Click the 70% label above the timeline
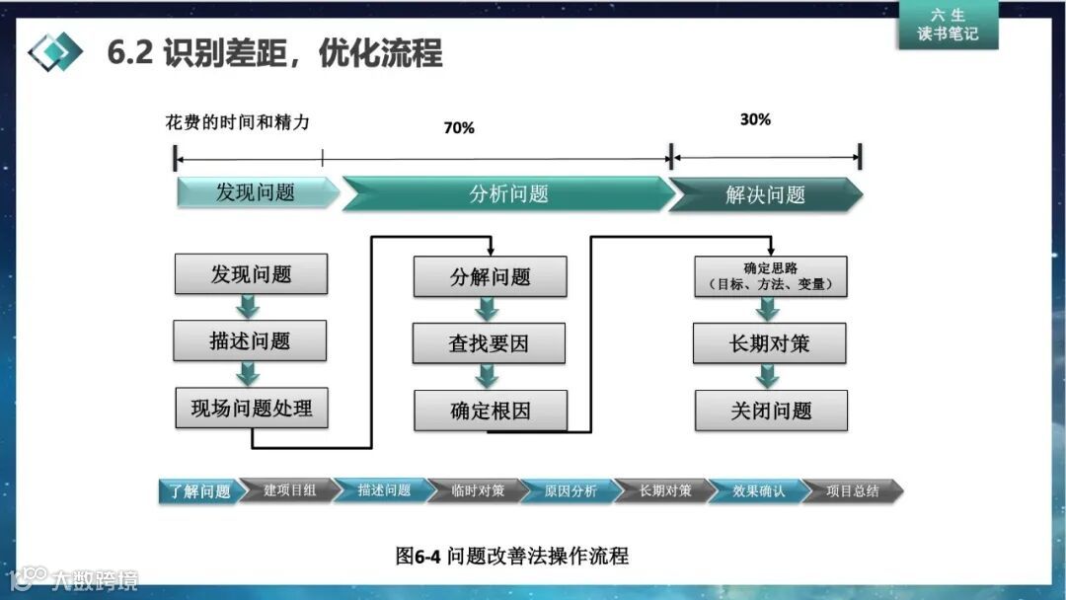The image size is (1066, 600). click(x=459, y=128)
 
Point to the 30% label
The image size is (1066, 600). click(x=755, y=119)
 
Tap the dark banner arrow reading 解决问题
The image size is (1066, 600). click(x=765, y=194)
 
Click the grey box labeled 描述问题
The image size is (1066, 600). click(x=250, y=340)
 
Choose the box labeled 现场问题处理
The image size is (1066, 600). click(x=252, y=408)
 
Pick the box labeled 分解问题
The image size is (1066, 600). click(x=490, y=276)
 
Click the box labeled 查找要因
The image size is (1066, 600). click(x=490, y=343)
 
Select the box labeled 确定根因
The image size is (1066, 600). click(x=491, y=411)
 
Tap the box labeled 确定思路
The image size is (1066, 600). click(x=771, y=276)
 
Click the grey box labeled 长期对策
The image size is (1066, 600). click(x=771, y=343)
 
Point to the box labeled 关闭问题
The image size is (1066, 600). click(x=771, y=411)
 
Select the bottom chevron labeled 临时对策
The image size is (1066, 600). click(x=478, y=490)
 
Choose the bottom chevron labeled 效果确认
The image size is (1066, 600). click(x=758, y=490)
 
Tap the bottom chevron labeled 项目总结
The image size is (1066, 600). click(x=852, y=490)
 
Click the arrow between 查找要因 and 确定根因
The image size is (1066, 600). click(x=488, y=376)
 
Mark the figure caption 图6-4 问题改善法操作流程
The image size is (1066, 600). click(x=511, y=556)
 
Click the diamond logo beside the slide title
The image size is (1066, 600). click(x=55, y=51)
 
